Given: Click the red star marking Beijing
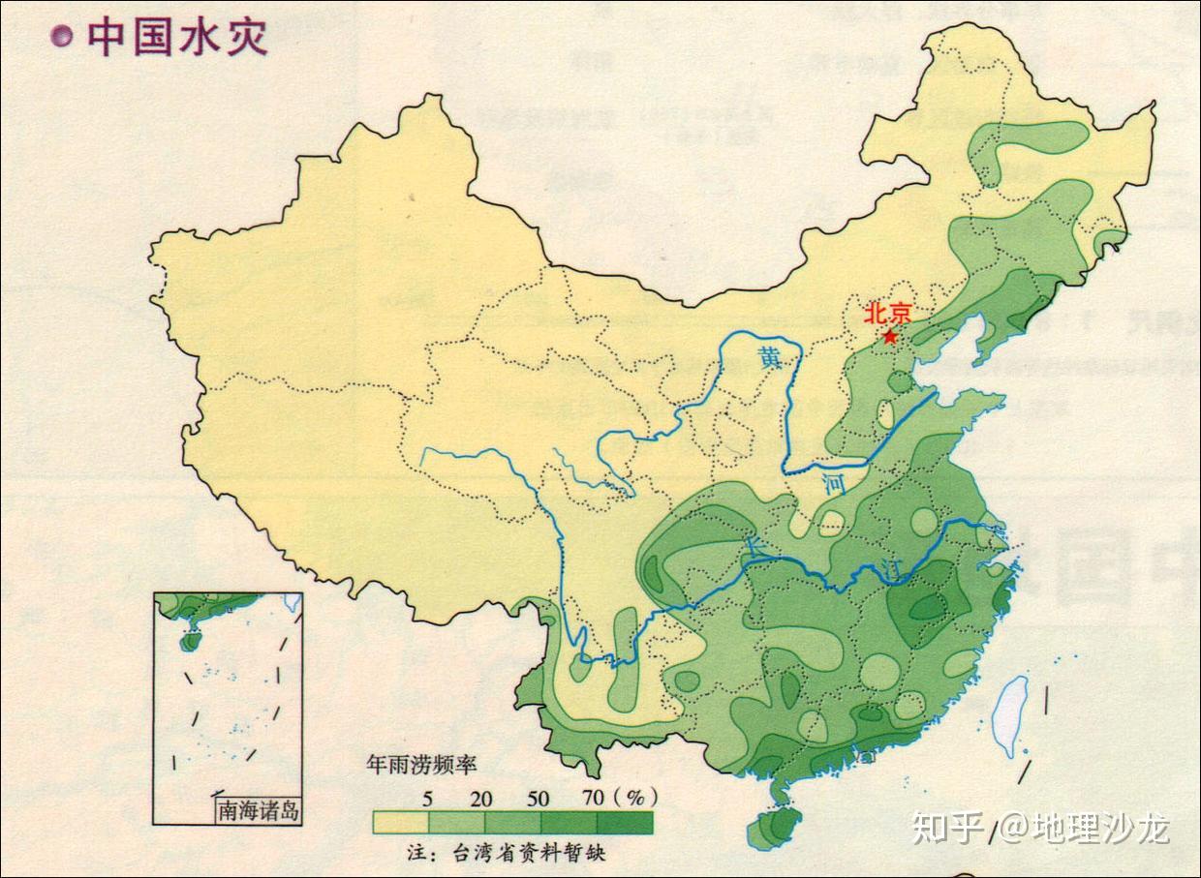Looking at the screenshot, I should (890, 337).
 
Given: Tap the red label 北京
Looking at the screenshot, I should (888, 314).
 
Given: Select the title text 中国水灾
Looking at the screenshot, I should (177, 37).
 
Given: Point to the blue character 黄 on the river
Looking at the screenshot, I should (770, 357).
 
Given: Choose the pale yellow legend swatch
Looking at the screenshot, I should (400, 822).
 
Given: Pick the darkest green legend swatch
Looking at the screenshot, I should (625, 822).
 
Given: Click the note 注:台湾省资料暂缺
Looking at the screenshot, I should (507, 853).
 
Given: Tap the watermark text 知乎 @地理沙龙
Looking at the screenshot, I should (1041, 829).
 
